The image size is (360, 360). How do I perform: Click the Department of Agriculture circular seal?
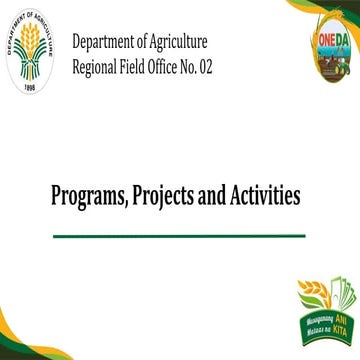coord(34,52)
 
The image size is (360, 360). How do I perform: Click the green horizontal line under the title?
coord(178,236)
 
